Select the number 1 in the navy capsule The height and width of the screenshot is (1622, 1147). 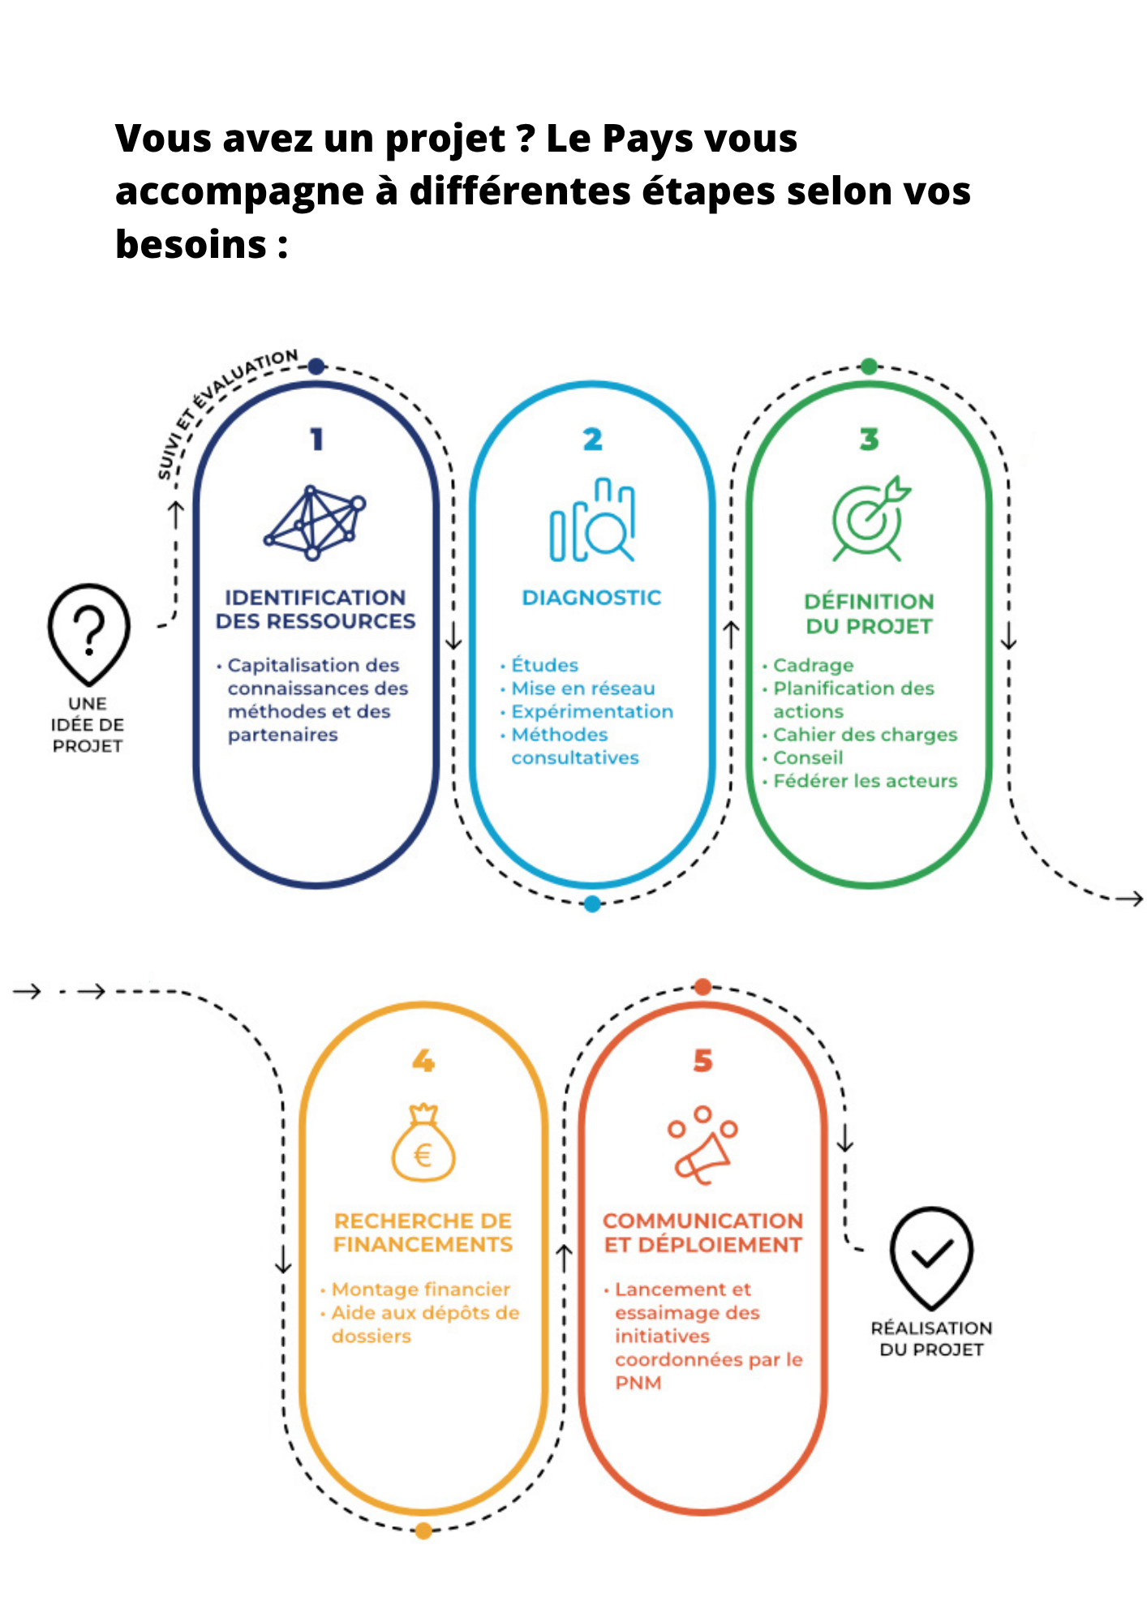pos(317,439)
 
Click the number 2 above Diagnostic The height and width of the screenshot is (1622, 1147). pos(593,439)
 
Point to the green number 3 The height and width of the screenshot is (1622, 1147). pos(870,439)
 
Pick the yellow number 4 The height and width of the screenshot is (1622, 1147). pos(423,1060)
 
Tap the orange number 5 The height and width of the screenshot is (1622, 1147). pos(703,1061)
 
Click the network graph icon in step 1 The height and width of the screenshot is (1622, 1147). pos(315,522)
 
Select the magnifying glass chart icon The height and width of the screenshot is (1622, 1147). pos(593,520)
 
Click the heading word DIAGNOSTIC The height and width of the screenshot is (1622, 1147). pos(591,598)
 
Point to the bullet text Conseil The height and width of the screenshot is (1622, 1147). pos(808,757)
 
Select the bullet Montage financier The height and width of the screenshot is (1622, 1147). pos(421,1289)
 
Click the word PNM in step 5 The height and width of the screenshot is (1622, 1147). pos(638,1383)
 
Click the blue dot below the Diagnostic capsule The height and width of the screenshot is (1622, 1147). pos(593,903)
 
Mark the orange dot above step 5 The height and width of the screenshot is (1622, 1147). pos(703,987)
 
